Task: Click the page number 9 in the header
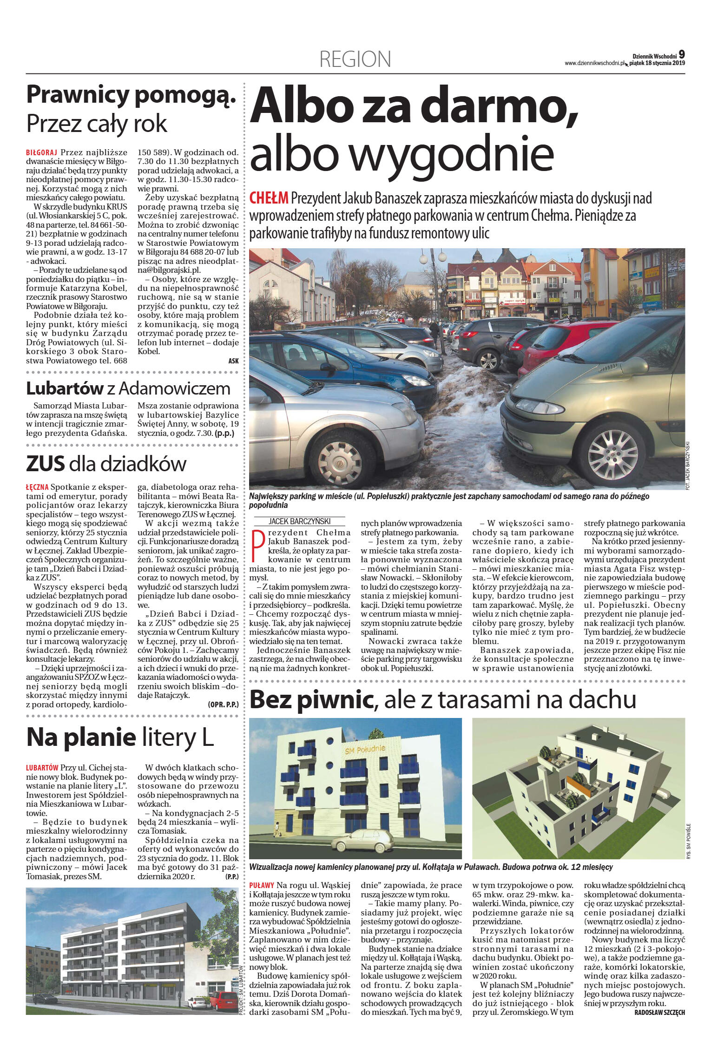pos(681,54)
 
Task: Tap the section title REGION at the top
pos(355,59)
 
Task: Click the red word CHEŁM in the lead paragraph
pos(269,198)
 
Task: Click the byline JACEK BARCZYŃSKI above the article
pos(299,521)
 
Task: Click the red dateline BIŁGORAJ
pos(41,152)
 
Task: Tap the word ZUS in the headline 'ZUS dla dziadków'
pos(45,464)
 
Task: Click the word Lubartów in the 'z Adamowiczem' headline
pos(65,388)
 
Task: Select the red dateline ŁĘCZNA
pos(37,487)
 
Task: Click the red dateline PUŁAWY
pos(262,886)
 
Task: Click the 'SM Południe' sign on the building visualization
pos(364,750)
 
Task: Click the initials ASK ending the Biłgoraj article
pos(233,361)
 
